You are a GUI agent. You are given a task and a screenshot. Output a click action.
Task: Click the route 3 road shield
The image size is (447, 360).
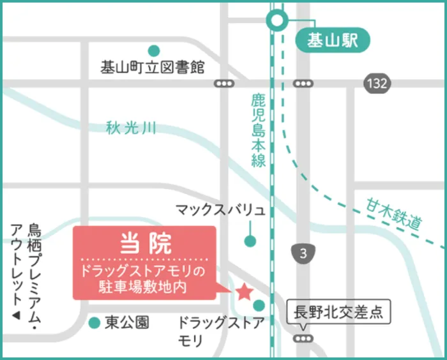point(303,253)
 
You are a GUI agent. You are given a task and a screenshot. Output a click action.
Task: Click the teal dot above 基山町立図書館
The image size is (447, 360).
point(153,50)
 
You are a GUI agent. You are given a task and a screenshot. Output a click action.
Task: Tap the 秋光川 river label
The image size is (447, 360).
point(132,129)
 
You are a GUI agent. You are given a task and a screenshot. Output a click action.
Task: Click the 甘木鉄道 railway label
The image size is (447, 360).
point(394,214)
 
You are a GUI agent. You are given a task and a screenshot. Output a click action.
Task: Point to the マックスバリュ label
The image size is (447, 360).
point(220,210)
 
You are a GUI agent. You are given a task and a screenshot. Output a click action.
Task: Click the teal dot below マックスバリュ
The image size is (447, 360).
point(250,241)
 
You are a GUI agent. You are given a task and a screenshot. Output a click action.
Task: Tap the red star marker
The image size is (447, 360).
point(243,292)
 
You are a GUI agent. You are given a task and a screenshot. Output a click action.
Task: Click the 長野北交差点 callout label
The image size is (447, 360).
point(337,313)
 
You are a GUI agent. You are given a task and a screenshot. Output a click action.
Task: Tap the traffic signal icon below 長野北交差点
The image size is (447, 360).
point(303,338)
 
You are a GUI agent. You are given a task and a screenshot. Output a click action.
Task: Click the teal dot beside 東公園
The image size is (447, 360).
point(94,322)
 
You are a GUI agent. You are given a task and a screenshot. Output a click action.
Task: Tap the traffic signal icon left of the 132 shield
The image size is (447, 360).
point(303,83)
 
